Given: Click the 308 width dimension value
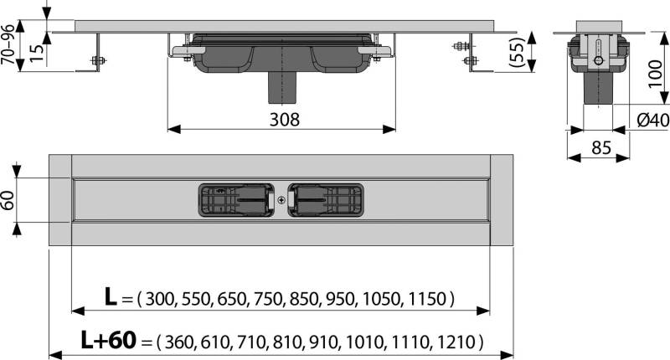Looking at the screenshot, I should (282, 119).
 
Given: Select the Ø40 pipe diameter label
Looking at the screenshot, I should (652, 121).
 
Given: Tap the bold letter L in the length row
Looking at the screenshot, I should (111, 297).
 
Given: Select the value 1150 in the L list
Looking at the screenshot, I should (429, 299).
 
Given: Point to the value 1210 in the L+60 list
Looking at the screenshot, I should (458, 342).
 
